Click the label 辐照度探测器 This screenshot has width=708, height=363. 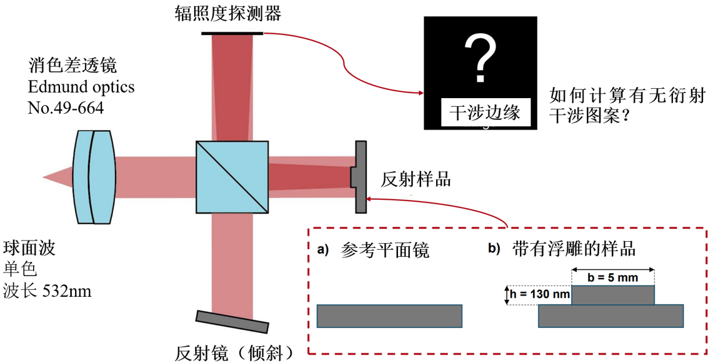(227, 13)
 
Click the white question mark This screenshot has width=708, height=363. (481, 59)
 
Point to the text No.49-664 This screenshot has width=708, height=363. (66, 108)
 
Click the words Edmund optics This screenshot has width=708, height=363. (81, 87)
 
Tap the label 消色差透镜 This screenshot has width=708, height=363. (72, 66)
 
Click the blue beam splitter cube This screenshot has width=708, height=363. (232, 177)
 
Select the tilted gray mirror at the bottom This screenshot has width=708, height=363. (232, 322)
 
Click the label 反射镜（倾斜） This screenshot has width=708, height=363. (234, 352)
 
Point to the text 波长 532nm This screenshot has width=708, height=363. (47, 291)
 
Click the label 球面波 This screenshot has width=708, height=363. (30, 248)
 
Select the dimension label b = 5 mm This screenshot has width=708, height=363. (613, 277)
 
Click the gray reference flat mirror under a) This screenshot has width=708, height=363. (389, 316)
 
